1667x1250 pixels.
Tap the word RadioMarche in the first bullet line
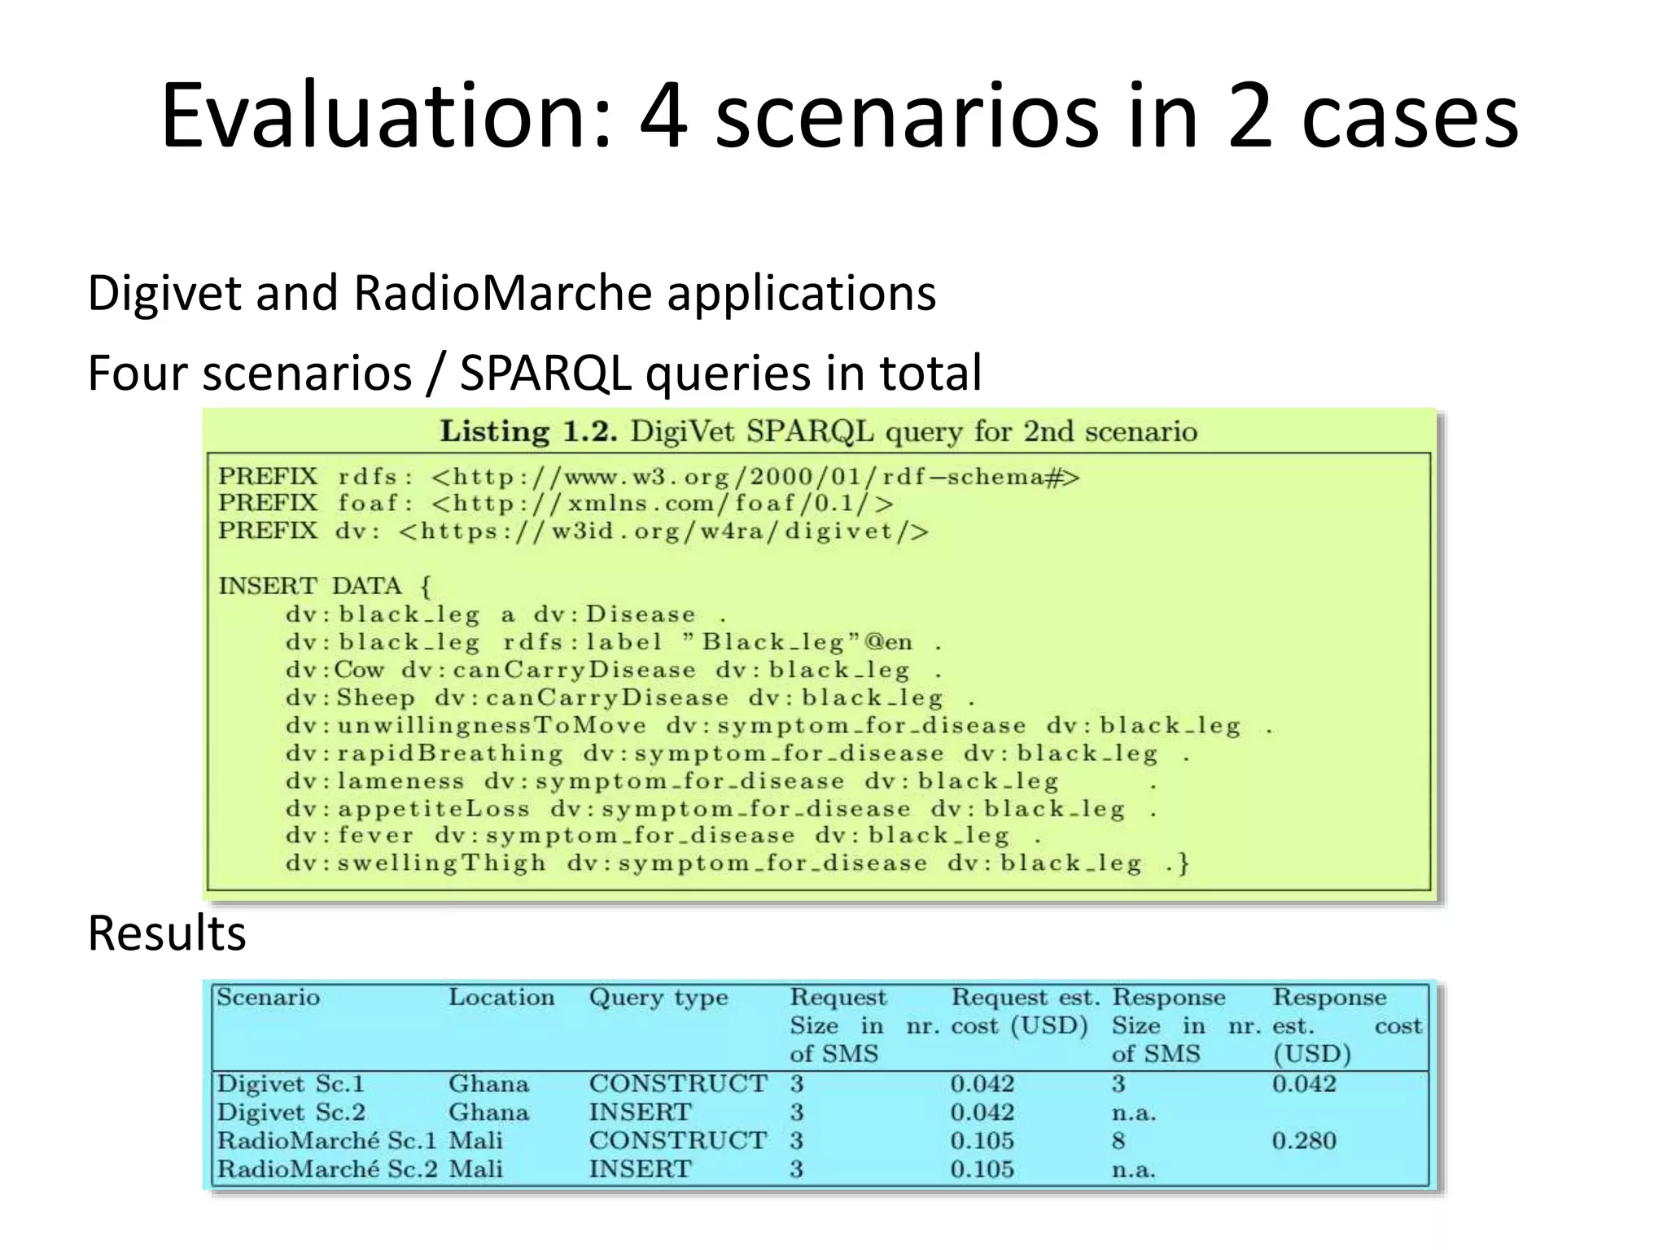tap(502, 293)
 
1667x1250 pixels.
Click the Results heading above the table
tap(167, 933)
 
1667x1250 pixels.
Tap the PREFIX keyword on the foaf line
tap(268, 503)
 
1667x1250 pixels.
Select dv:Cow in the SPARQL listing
tap(335, 670)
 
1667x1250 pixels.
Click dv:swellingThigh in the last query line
tap(416, 863)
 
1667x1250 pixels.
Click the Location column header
tap(501, 998)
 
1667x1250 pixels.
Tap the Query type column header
tap(658, 998)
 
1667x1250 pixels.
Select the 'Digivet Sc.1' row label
tap(291, 1084)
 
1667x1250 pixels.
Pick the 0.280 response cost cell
tap(1304, 1141)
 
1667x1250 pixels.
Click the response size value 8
tap(1119, 1141)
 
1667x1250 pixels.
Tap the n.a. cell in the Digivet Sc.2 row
tap(1134, 1112)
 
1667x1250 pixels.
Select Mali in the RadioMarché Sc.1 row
tap(476, 1141)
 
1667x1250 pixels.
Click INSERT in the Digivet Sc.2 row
tap(640, 1112)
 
